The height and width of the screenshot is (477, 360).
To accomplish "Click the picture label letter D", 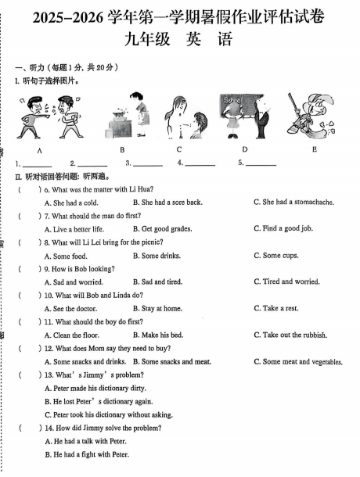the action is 244,149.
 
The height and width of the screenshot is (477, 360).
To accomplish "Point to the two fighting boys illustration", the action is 41,117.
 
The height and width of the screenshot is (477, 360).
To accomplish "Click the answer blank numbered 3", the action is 147,164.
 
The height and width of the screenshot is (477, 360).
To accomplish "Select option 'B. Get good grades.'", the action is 163,229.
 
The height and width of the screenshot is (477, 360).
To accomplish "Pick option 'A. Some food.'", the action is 66,256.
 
